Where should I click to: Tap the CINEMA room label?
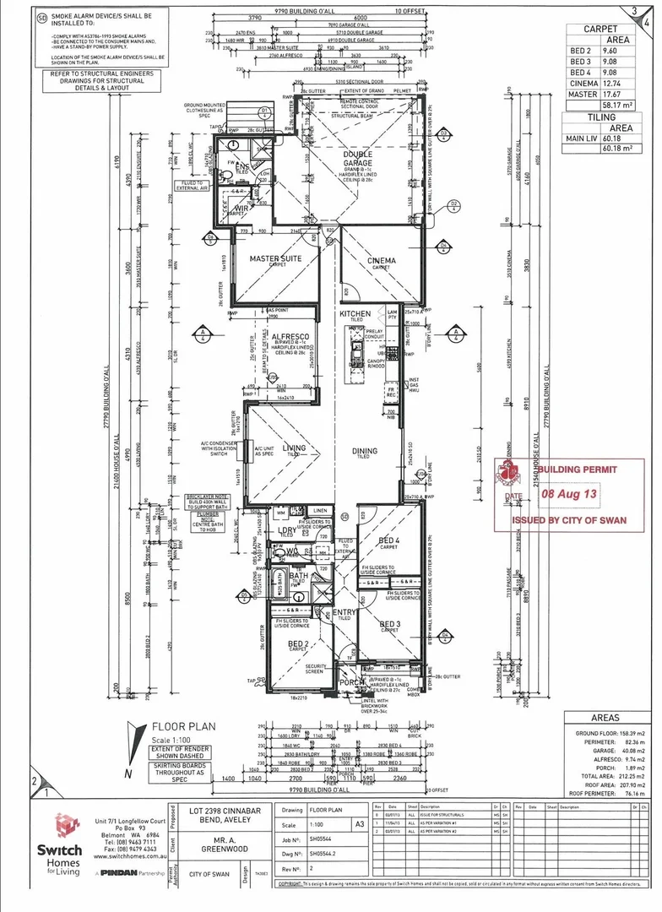[381, 261]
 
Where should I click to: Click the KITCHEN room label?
[355, 313]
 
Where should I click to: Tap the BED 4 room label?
[389, 540]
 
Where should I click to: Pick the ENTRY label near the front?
[345, 612]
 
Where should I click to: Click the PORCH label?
[350, 683]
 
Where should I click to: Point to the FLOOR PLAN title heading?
[183, 725]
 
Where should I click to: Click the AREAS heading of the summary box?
[605, 717]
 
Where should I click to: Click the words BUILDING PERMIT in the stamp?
[578, 469]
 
